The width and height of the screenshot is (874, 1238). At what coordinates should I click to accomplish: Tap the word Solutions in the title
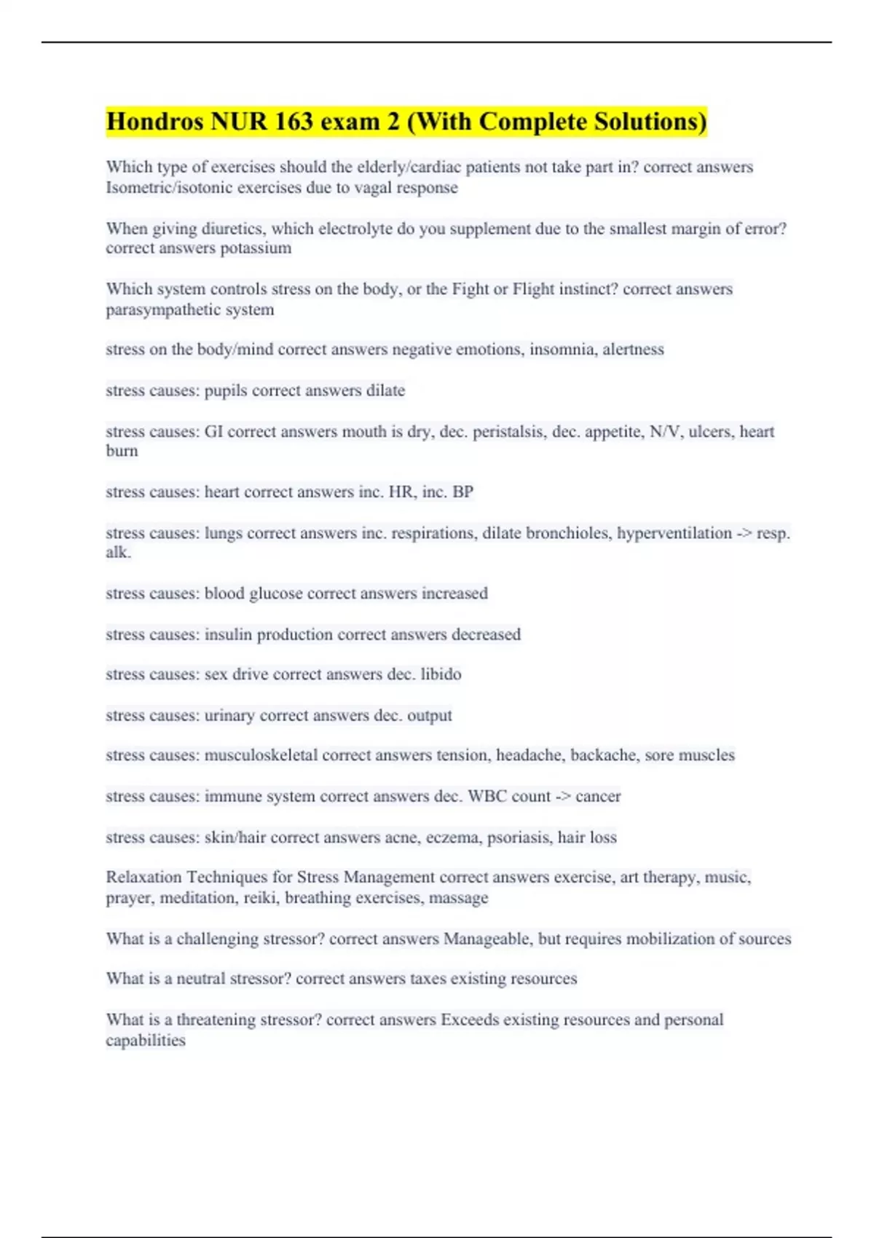click(x=650, y=122)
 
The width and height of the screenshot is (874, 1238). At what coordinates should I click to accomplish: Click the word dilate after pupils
click(x=385, y=390)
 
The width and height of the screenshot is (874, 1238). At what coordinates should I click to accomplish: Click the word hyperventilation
click(x=674, y=533)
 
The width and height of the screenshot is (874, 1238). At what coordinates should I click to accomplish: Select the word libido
click(x=441, y=674)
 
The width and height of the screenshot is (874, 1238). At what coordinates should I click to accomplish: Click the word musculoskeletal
click(x=261, y=755)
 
